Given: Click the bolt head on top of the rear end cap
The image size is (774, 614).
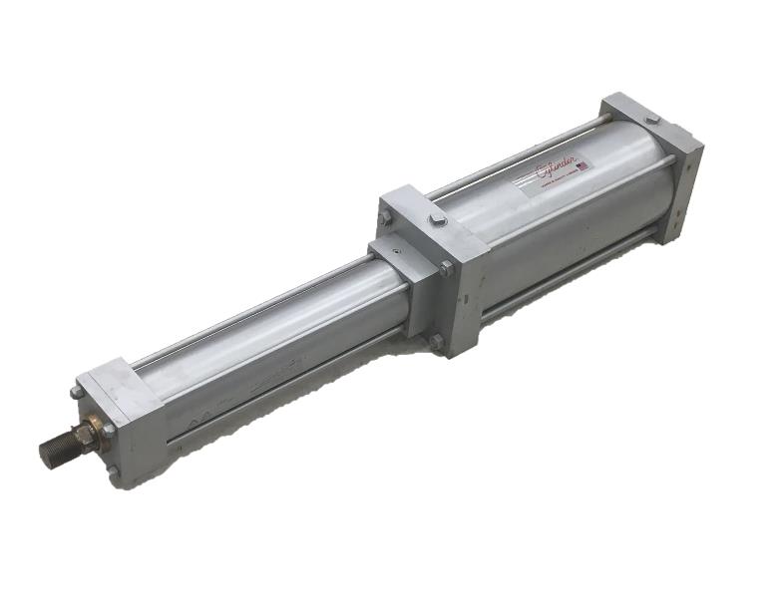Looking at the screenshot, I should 651,120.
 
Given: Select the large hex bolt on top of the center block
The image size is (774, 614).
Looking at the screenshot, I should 437,220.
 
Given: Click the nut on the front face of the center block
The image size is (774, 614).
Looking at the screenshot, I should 446,268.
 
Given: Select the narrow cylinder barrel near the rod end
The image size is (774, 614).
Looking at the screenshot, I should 259,339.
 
